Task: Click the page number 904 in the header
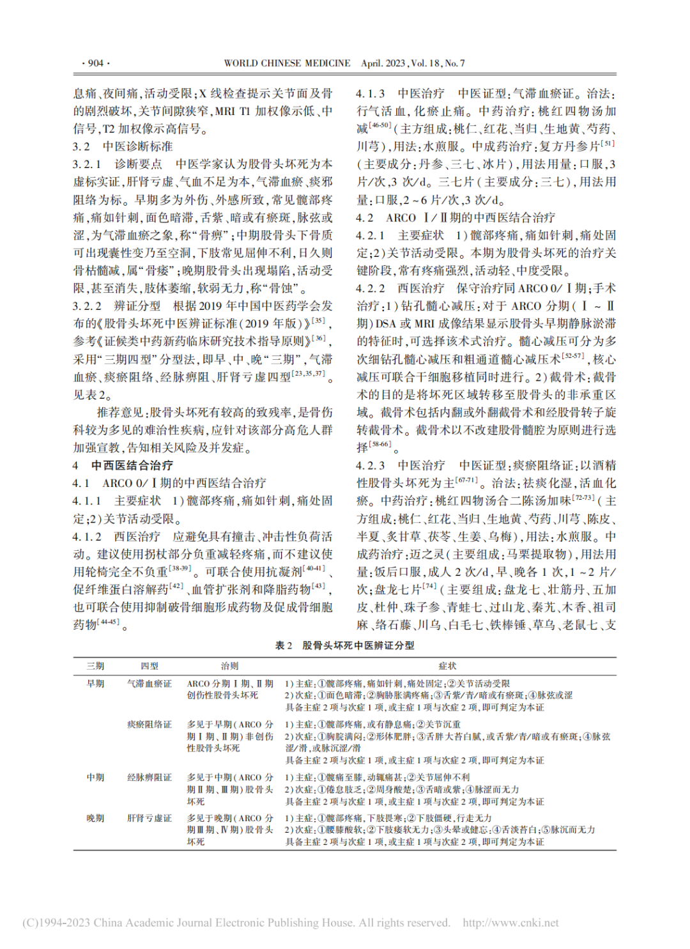[96, 63]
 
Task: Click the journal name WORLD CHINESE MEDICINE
[287, 63]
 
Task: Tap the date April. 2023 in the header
[383, 63]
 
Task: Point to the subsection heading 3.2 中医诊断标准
[123, 146]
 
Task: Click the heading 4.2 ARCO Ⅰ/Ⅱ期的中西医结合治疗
[456, 217]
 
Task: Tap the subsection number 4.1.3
[371, 93]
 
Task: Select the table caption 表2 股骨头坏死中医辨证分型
[345, 645]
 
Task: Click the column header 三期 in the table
[96, 666]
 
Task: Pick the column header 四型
[149, 666]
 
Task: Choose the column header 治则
[230, 666]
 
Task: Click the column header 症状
[447, 666]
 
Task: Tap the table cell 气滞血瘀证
[149, 684]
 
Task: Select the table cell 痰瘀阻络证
[149, 725]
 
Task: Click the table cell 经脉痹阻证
[149, 778]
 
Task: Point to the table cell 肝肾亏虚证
[149, 818]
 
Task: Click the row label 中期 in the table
[96, 778]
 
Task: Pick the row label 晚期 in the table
[96, 818]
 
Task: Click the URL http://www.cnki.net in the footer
[510, 923]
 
